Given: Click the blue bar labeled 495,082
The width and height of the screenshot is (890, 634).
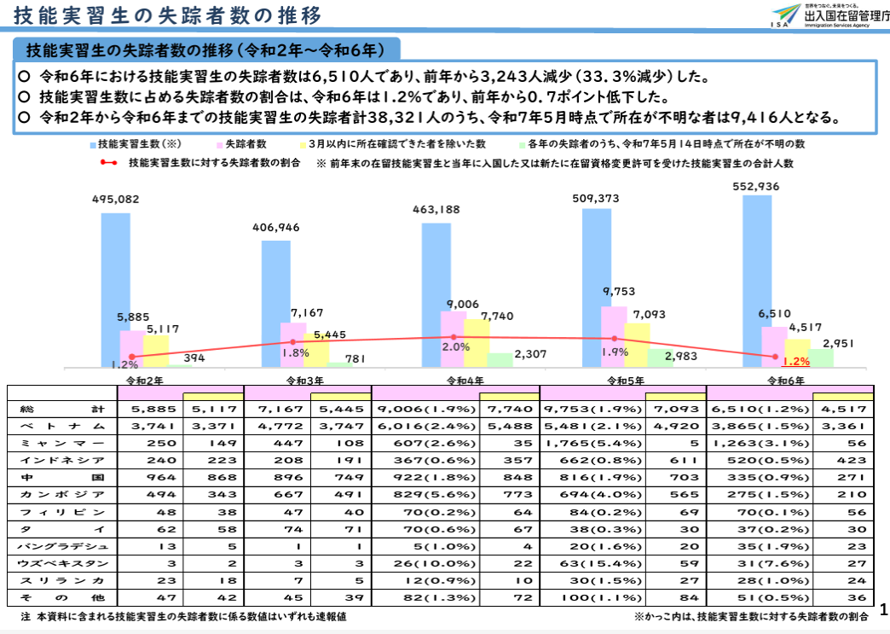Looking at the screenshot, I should coord(116,290).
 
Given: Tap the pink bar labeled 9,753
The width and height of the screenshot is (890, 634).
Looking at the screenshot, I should coord(614,337).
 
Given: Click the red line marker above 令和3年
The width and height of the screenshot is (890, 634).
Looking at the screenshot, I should coord(292,342).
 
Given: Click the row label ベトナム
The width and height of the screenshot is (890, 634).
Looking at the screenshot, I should coord(64,426).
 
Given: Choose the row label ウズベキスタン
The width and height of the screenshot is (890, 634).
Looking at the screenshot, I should coord(64,563).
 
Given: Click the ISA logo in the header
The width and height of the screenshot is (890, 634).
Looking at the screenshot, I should coord(786,17).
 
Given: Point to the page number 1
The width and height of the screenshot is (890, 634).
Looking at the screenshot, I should coord(881,610).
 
